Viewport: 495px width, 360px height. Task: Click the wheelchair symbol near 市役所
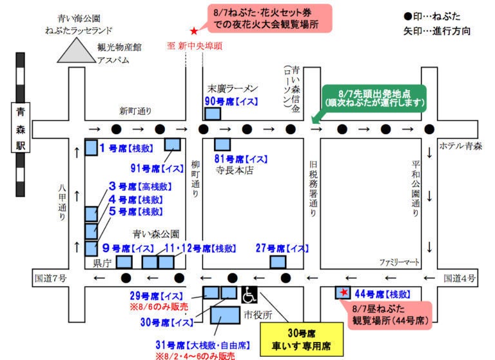[249, 295]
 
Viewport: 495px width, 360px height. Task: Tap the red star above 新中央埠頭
[193, 31]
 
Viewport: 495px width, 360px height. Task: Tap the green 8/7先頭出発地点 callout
[375, 97]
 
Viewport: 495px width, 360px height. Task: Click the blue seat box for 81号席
[222, 144]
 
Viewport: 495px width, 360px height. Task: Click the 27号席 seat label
[282, 248]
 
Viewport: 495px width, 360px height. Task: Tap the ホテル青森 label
[461, 146]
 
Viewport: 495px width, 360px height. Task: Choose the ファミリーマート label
[400, 263]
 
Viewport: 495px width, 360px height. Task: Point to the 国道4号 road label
[460, 278]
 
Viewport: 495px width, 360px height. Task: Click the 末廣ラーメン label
[232, 87]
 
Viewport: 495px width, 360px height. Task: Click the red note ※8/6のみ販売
[160, 306]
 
